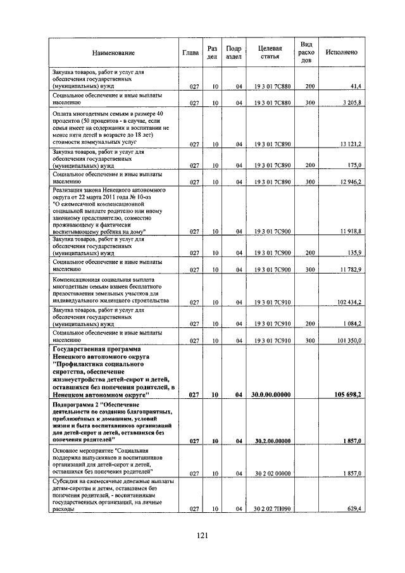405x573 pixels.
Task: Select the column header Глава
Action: click(191, 52)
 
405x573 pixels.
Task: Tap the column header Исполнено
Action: click(342, 52)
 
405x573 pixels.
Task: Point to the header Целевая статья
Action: click(270, 52)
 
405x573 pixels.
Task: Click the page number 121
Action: click(202, 535)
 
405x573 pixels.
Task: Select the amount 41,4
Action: click(354, 86)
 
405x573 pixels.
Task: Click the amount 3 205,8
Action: click(350, 102)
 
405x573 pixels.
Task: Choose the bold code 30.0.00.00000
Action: click(271, 394)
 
